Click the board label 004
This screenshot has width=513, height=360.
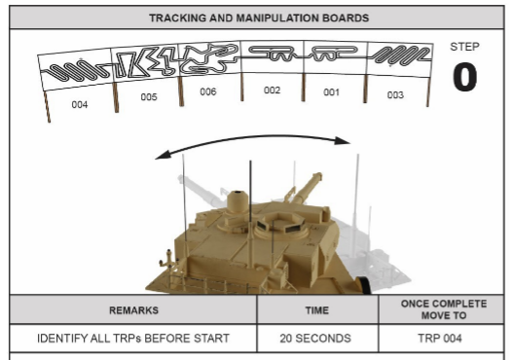[80, 105]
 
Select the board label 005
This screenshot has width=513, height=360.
[149, 96]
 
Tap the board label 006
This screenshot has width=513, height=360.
[208, 91]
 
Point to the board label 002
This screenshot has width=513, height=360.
[272, 90]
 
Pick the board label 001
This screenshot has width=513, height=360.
[331, 92]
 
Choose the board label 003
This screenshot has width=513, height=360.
[395, 94]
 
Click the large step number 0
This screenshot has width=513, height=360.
[464, 77]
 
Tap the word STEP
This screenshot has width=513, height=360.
[464, 47]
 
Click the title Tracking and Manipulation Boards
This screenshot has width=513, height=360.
[259, 18]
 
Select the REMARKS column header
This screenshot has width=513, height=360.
[133, 310]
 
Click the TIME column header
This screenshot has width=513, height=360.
[317, 310]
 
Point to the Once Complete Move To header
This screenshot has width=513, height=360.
[444, 309]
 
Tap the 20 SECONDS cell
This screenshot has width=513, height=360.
[315, 338]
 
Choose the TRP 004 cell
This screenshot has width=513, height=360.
[439, 338]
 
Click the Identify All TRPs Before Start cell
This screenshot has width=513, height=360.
[133, 338]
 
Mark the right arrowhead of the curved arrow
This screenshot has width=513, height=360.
[344, 141]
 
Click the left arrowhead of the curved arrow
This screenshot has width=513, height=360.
[163, 155]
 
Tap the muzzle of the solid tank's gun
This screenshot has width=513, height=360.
[317, 176]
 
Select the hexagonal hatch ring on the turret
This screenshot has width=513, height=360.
[280, 223]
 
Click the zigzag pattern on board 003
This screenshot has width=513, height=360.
[402, 54]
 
